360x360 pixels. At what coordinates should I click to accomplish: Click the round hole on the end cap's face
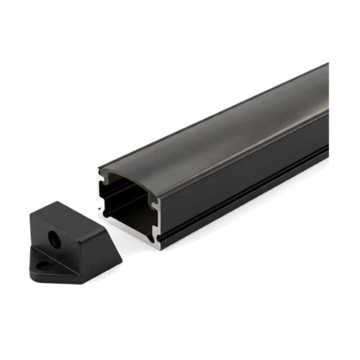pyautogui.click(x=55, y=239)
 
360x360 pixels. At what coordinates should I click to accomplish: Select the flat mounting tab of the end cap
pyautogui.click(x=50, y=267)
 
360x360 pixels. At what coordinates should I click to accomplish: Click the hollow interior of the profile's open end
pyautogui.click(x=126, y=205)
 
